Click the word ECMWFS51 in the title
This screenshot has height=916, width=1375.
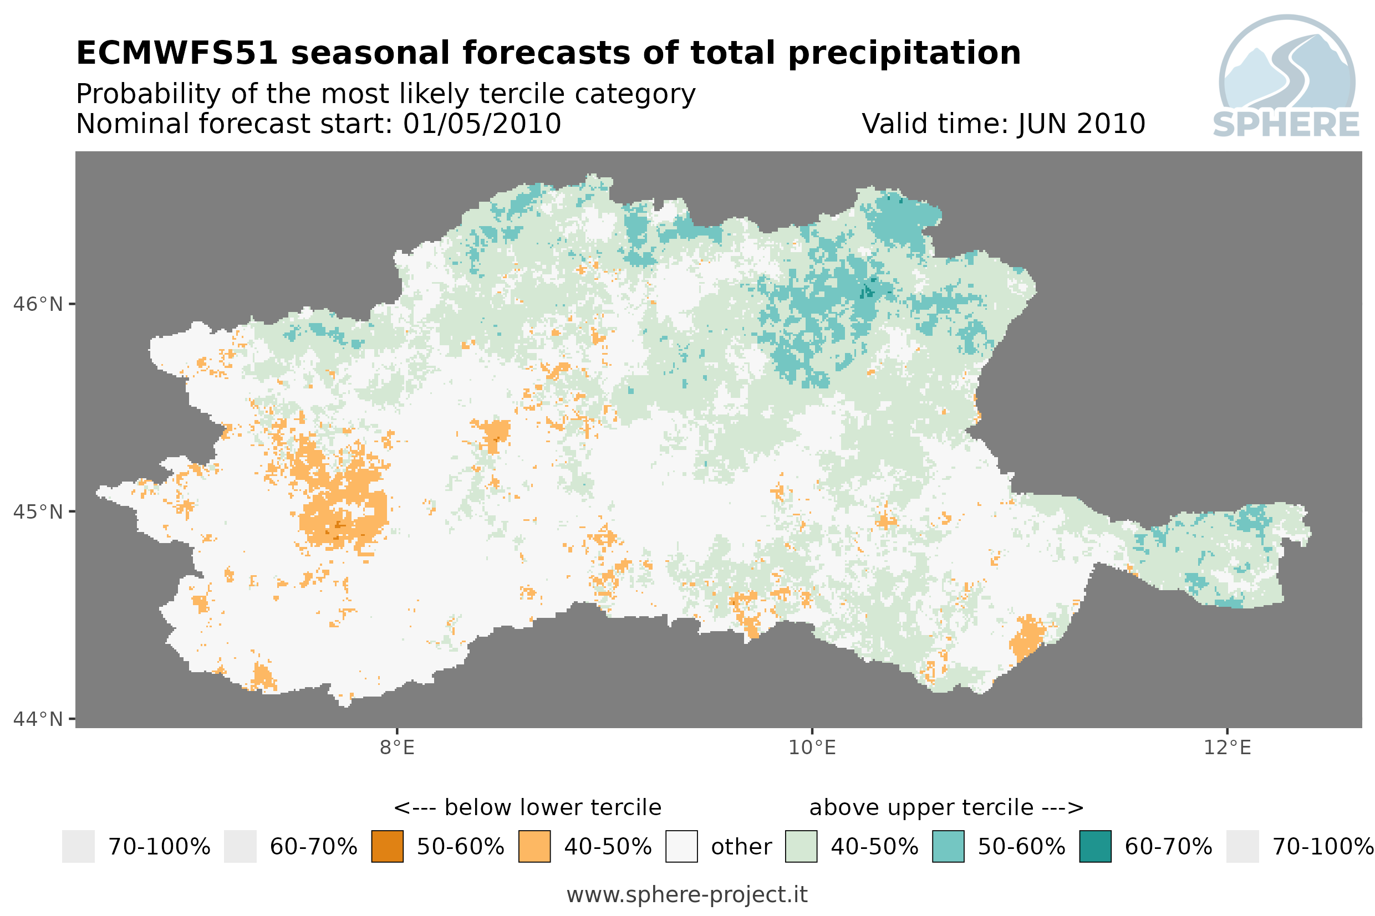tap(176, 53)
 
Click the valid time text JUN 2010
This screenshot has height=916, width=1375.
tap(1081, 124)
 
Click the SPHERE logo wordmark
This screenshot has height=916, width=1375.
tap(1286, 125)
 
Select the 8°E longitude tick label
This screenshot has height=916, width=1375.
tap(398, 748)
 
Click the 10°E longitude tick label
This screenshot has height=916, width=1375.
tap(812, 748)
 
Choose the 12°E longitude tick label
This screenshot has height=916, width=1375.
tap(1227, 748)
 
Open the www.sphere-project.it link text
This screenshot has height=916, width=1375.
tap(687, 894)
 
